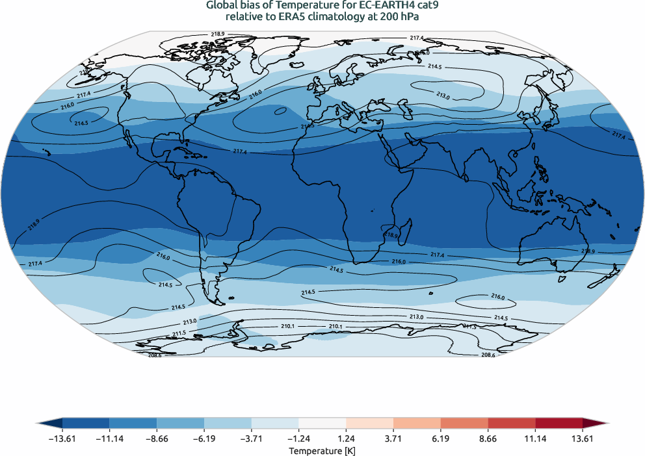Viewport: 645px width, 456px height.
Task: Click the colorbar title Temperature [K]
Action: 322,450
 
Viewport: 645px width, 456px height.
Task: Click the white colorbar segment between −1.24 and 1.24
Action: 322,423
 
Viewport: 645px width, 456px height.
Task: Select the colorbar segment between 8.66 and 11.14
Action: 511,423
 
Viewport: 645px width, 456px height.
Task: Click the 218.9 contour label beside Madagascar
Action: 391,234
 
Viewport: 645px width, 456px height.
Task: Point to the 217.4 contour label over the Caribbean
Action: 240,151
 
